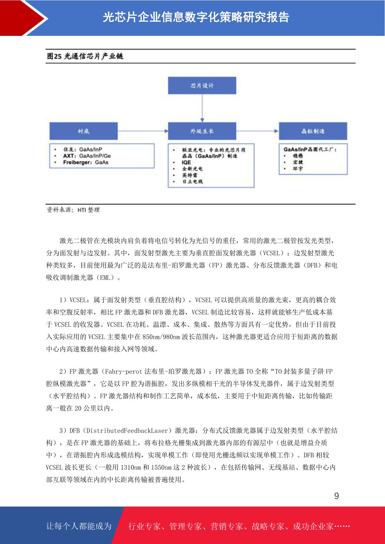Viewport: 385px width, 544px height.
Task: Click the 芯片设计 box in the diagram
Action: pyautogui.click(x=202, y=86)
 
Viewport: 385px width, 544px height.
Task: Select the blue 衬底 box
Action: pyautogui.click(x=83, y=131)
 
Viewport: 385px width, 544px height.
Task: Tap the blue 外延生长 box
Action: pyautogui.click(x=202, y=131)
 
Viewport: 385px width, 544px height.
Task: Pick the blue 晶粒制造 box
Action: pyautogui.click(x=313, y=131)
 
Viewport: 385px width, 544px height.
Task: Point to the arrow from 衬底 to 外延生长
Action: pyautogui.click(x=143, y=131)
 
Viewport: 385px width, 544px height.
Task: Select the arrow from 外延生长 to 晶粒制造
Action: pyautogui.click(x=257, y=131)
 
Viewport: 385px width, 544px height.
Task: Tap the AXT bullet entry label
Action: pyautogui.click(x=69, y=156)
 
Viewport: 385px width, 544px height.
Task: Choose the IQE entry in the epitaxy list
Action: pyautogui.click(x=186, y=162)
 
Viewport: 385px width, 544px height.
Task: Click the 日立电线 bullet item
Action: pyautogui.click(x=192, y=182)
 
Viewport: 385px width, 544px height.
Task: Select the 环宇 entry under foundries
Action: pyautogui.click(x=298, y=169)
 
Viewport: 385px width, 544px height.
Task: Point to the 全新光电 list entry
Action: pyautogui.click(x=192, y=169)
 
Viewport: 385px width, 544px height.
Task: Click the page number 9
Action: pyautogui.click(x=337, y=496)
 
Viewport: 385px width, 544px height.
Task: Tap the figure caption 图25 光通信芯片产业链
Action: pyautogui.click(x=85, y=56)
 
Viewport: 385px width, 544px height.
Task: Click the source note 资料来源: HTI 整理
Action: pyautogui.click(x=73, y=210)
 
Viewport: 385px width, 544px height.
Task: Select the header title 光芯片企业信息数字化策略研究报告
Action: pyautogui.click(x=196, y=17)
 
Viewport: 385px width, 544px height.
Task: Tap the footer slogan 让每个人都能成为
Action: pyautogui.click(x=79, y=526)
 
